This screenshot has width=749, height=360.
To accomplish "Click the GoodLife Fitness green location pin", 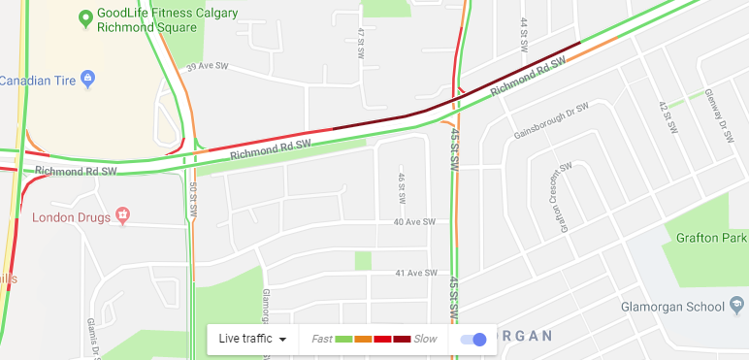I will [85, 17].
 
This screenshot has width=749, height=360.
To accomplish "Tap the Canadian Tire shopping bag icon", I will [87, 78].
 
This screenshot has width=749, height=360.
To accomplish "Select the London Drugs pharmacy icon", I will [122, 214].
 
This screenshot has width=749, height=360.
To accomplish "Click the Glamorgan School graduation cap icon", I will [739, 308].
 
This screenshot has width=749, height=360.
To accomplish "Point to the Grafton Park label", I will [713, 237].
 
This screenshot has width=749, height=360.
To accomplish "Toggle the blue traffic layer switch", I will [473, 339].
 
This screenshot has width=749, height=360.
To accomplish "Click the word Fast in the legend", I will [322, 339].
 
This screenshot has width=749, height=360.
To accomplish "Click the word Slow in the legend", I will [425, 339].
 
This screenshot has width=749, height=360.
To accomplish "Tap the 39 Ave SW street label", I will [207, 67].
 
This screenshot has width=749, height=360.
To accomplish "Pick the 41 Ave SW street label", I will [417, 274].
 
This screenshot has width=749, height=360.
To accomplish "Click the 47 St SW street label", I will [360, 42].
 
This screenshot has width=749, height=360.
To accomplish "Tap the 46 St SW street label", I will [400, 189].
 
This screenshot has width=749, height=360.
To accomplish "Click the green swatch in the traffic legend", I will [344, 339].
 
